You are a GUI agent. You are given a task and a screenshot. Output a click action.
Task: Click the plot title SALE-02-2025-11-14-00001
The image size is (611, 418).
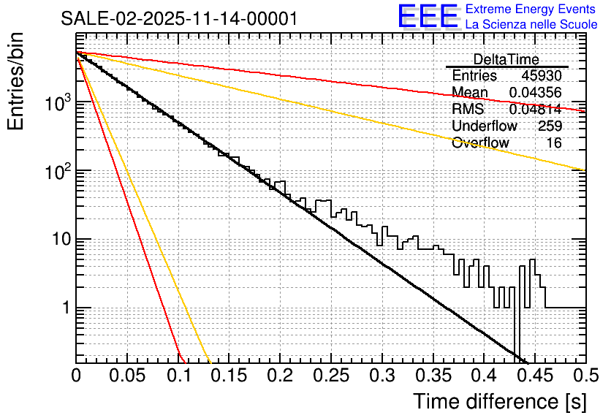click(179, 19)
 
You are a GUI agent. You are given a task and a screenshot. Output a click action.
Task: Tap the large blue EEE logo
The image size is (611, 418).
click(428, 18)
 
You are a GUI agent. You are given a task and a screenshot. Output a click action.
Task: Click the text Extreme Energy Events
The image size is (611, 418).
click(531, 9)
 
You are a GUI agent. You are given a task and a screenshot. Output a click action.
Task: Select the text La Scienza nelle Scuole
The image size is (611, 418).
click(531, 25)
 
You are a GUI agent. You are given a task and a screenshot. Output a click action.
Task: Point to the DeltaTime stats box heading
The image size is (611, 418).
click(506, 59)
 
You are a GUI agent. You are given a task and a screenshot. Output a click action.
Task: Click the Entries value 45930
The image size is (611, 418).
click(542, 76)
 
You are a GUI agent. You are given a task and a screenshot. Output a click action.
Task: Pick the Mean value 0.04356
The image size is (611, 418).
click(535, 92)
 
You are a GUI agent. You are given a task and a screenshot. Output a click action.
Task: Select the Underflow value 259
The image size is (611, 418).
click(550, 126)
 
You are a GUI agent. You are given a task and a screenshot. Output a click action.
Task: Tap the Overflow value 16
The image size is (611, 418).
click(554, 142)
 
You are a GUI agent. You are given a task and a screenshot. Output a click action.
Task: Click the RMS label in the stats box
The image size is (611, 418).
click(468, 109)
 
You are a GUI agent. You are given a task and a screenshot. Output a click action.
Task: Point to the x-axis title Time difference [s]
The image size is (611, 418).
click(498, 400)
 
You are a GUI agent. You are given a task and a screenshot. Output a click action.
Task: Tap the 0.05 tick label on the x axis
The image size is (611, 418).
click(127, 376)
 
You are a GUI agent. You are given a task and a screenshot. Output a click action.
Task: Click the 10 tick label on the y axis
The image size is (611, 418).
click(56, 240)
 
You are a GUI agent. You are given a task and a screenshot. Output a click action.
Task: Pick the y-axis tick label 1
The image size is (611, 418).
click(64, 308)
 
